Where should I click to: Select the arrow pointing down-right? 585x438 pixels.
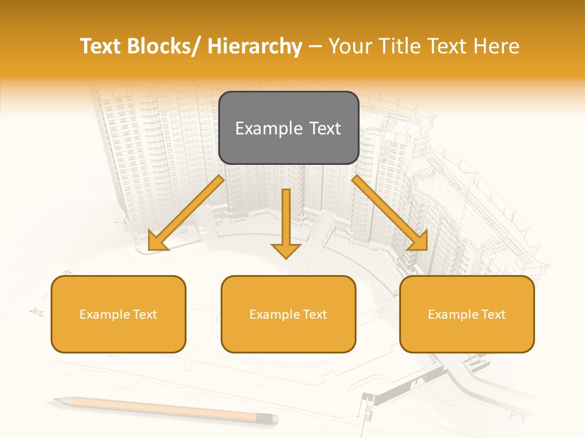390,214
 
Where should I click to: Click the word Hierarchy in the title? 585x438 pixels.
255,46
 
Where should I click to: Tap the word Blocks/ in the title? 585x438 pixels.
161,46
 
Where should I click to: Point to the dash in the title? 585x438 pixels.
315,47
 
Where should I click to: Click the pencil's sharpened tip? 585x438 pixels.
55,400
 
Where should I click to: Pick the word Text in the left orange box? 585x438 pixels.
143,315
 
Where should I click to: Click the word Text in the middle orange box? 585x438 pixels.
313,315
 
